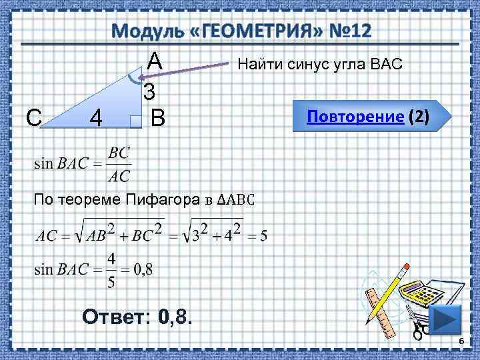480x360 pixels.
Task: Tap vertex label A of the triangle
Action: pos(154,61)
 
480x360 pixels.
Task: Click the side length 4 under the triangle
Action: pos(96,119)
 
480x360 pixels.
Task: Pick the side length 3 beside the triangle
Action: pos(149,91)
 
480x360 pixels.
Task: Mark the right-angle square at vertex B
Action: pos(136,121)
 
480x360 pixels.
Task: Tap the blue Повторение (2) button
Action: pos(367,117)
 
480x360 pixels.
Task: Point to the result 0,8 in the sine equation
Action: pos(143,269)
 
